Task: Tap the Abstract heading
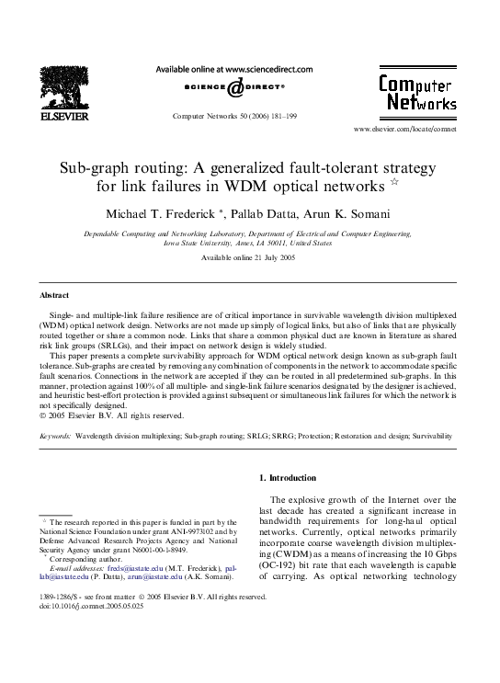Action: [x=56, y=296]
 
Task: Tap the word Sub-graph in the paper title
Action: [x=93, y=169]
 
